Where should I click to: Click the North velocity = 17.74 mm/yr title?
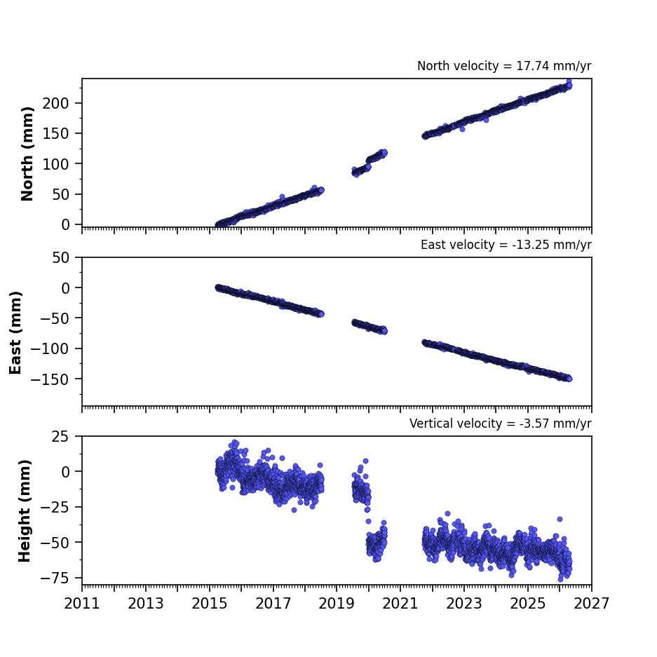pyautogui.click(x=504, y=66)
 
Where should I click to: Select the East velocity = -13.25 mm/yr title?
pyautogui.click(x=506, y=245)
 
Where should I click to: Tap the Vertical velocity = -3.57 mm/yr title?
pyautogui.click(x=501, y=424)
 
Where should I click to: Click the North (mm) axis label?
pyautogui.click(x=27, y=154)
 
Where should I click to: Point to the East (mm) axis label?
pyautogui.click(x=15, y=332)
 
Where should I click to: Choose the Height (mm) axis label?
pyautogui.click(x=25, y=510)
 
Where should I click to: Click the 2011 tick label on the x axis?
pyautogui.click(x=82, y=604)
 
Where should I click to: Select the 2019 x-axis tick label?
pyautogui.click(x=337, y=604)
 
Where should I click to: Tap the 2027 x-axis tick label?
pyautogui.click(x=591, y=604)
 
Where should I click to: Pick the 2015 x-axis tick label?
pyautogui.click(x=209, y=604)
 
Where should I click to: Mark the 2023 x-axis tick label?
pyautogui.click(x=464, y=604)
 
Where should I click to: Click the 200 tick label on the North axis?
pyautogui.click(x=55, y=103)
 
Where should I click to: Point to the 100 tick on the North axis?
pyautogui.click(x=55, y=164)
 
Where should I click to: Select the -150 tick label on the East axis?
pyautogui.click(x=50, y=379)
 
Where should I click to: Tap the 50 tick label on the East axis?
pyautogui.click(x=61, y=258)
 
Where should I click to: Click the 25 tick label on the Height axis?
pyautogui.click(x=61, y=437)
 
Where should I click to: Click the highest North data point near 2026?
pyautogui.click(x=569, y=81)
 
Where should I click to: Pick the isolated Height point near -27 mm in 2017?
pyautogui.click(x=294, y=510)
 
